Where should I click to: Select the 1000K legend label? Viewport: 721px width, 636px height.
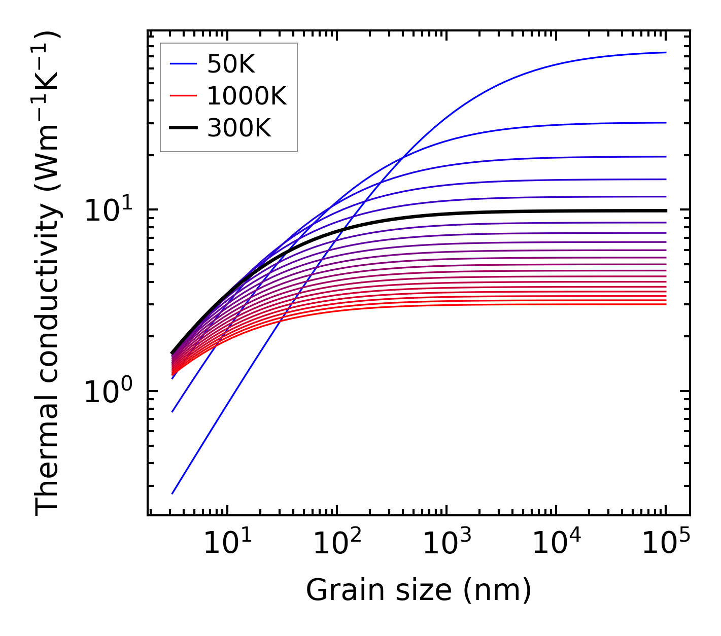247,96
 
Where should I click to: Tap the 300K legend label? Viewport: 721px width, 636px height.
239,128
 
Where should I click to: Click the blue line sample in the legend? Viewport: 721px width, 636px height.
183,64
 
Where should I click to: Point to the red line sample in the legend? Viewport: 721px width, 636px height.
183,96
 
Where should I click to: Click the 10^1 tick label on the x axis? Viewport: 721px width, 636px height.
227,544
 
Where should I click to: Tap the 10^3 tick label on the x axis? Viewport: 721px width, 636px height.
446,544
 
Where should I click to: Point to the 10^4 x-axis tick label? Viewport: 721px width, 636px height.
556,544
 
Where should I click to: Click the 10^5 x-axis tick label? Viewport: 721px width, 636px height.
665,544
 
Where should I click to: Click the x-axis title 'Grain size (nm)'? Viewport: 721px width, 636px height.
419,590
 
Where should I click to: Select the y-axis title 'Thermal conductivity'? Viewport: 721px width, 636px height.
48,274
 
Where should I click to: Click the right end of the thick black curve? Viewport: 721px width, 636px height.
665,210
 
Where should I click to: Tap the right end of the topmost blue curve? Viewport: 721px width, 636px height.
665,52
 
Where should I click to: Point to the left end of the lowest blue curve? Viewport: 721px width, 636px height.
173,493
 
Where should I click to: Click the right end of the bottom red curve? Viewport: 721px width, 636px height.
665,304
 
